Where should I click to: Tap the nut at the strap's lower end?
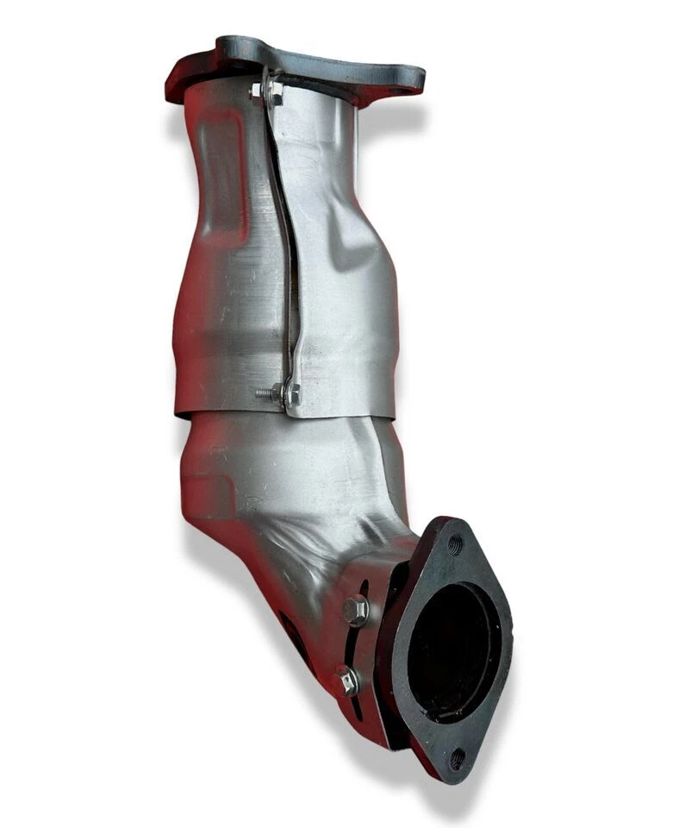pyautogui.click(x=289, y=394)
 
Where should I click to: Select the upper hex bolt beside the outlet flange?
pyautogui.click(x=355, y=611)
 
